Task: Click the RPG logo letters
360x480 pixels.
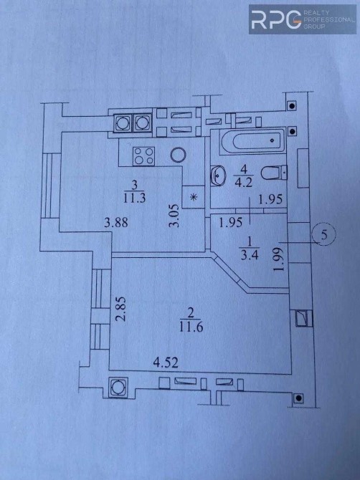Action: (276, 19)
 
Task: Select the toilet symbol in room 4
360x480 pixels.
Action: (274, 173)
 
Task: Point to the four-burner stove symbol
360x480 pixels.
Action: (143, 155)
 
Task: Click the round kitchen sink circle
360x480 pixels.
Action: (179, 155)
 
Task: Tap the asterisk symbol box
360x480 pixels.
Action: (194, 197)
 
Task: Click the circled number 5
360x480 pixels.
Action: (324, 235)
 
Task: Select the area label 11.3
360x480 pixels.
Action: (134, 198)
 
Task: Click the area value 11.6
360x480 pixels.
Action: (191, 327)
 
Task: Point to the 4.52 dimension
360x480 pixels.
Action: (166, 363)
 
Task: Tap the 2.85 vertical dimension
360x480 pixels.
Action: (121, 308)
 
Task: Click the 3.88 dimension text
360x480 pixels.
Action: (115, 222)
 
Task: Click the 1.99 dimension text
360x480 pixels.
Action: (280, 259)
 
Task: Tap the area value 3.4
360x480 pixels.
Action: (250, 255)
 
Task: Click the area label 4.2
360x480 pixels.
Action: (243, 183)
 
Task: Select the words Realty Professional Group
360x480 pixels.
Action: (328, 19)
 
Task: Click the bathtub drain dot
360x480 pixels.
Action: (272, 140)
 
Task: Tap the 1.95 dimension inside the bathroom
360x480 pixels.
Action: (270, 199)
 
